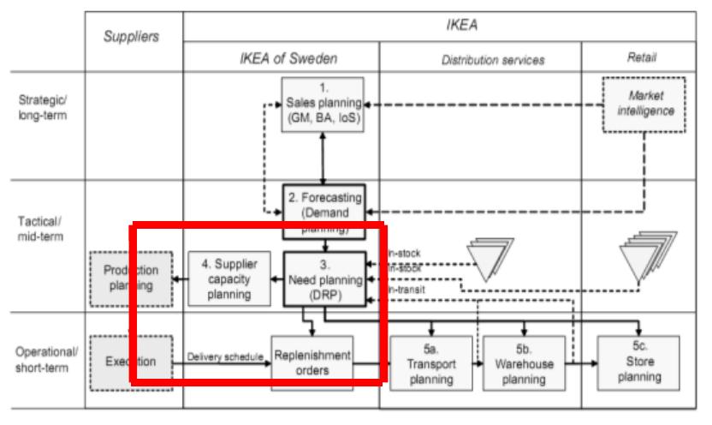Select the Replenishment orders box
311,362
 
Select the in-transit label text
407,290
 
